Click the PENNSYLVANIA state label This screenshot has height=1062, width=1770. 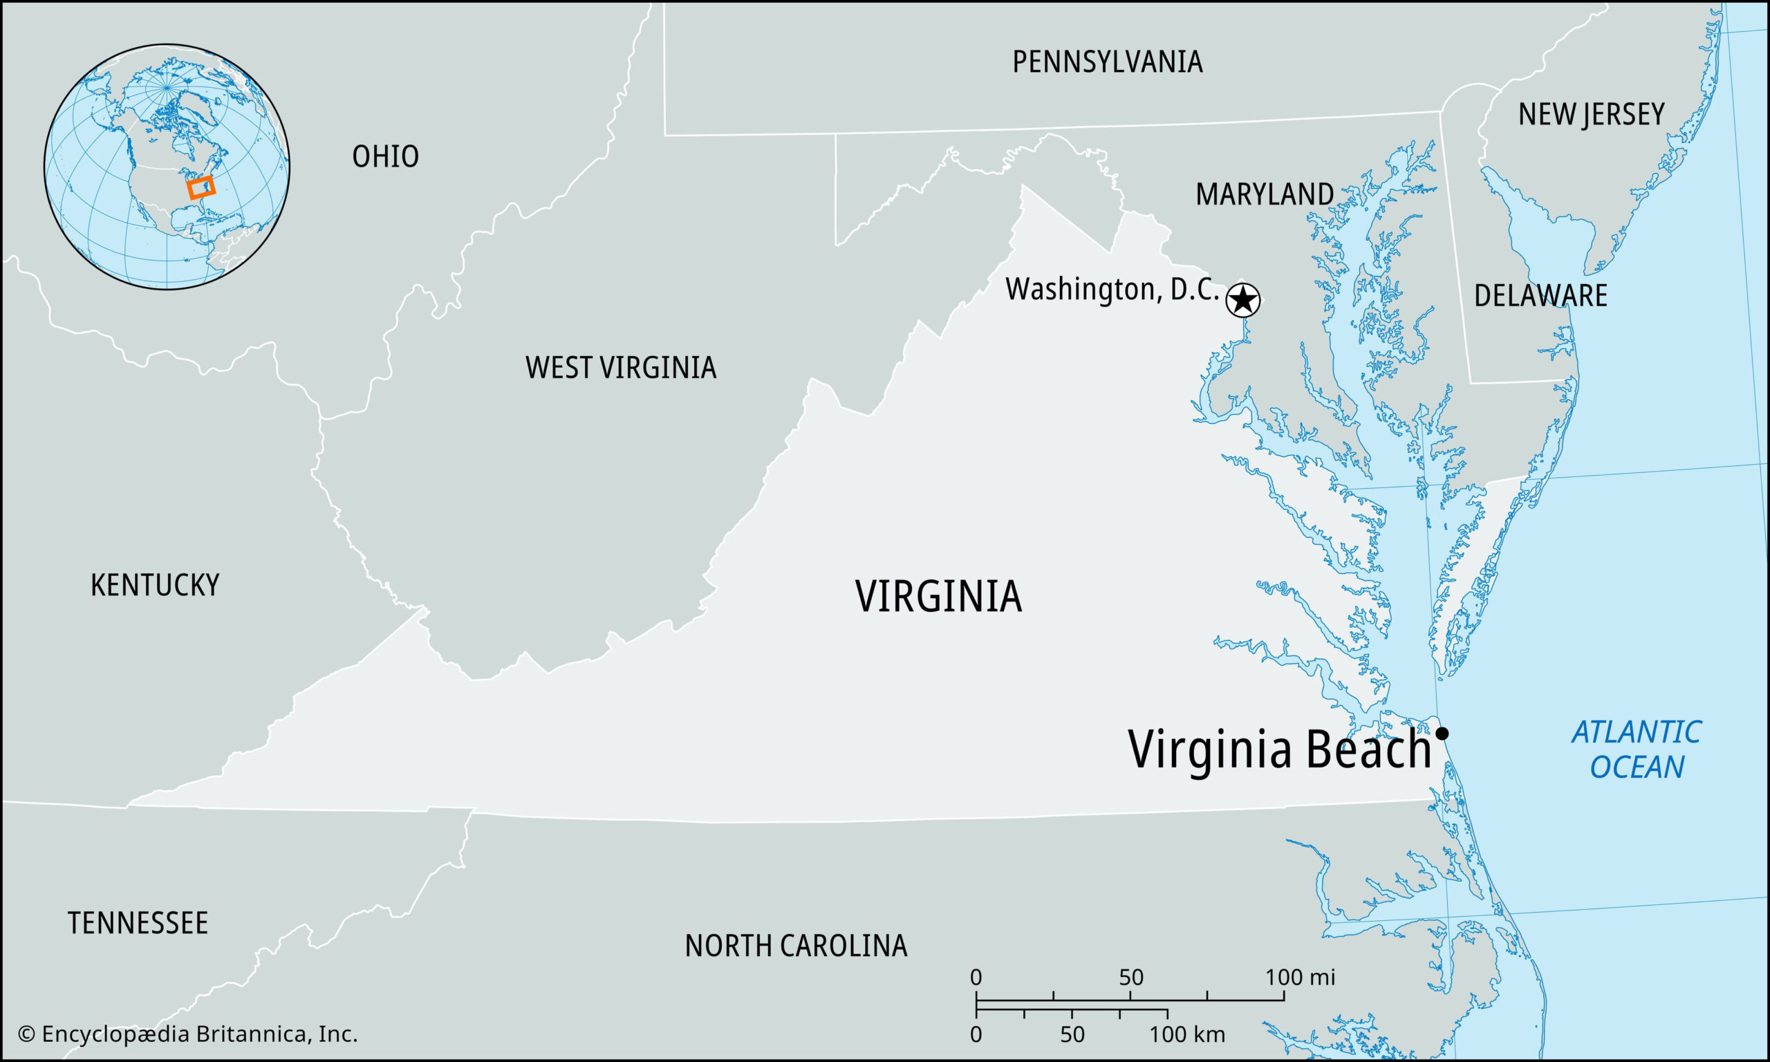pos(1107,62)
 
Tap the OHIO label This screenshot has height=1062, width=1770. pos(385,157)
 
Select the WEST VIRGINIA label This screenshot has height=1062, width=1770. pos(620,368)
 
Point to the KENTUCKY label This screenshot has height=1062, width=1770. pos(155,586)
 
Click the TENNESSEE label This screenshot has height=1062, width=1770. pos(138,923)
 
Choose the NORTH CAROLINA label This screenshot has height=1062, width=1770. pos(796,946)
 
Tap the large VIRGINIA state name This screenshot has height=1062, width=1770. pos(938,596)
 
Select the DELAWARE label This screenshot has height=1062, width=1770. pos(1540,295)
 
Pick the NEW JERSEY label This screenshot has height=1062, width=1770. pos(1591,115)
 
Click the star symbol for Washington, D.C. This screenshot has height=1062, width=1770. pos(1242,299)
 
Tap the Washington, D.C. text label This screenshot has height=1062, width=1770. pos(1112,290)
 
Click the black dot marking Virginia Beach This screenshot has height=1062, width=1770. pos(1442,733)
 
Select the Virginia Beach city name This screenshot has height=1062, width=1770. pos(1278,750)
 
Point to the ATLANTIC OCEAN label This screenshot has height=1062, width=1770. pos(1635,749)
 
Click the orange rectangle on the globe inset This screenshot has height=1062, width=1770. pos(201,187)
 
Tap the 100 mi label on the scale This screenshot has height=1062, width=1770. pos(1299,977)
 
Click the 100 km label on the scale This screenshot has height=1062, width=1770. pos(1187,1034)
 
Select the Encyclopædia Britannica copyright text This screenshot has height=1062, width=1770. pos(187,1034)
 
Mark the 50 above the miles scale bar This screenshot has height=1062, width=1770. pos(1131,977)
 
